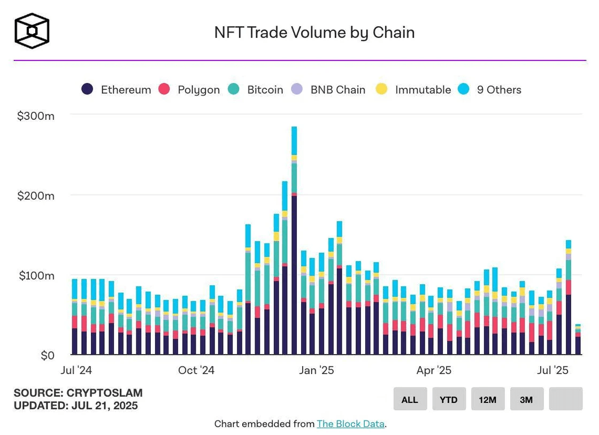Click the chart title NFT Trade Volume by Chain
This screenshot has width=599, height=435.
pyautogui.click(x=314, y=33)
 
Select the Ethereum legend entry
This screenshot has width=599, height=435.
pyautogui.click(x=117, y=90)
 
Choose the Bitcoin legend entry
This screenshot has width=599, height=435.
pyautogui.click(x=256, y=90)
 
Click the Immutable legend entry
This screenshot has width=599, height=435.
pyautogui.click(x=413, y=90)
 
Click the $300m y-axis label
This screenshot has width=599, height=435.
pyautogui.click(x=36, y=116)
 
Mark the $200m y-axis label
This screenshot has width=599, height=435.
pyautogui.click(x=36, y=196)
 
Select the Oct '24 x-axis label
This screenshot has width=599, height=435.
pyautogui.click(x=196, y=370)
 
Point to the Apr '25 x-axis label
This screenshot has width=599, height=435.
pyautogui.click(x=434, y=370)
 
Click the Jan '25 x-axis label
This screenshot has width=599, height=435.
pyautogui.click(x=316, y=370)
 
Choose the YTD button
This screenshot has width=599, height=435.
pyautogui.click(x=449, y=399)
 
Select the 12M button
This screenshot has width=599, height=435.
pyautogui.click(x=488, y=399)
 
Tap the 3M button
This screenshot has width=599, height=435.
pyautogui.click(x=527, y=399)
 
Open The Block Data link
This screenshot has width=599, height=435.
pyautogui.click(x=350, y=424)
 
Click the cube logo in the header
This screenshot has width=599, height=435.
pyautogui.click(x=32, y=31)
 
